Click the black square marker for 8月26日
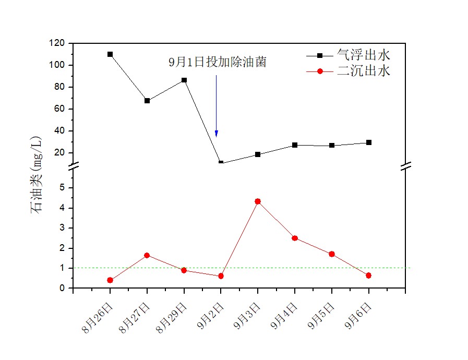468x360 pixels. click(110, 54)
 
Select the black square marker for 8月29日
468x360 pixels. click(184, 80)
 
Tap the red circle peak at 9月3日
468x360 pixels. click(258, 201)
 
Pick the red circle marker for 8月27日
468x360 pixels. click(147, 255)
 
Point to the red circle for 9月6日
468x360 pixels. click(369, 275)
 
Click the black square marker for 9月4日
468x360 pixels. click(295, 145)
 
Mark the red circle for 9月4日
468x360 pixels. click(295, 238)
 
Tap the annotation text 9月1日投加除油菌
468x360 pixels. click(218, 63)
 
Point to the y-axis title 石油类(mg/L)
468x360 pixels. click(37, 175)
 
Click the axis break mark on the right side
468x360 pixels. click(406, 166)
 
